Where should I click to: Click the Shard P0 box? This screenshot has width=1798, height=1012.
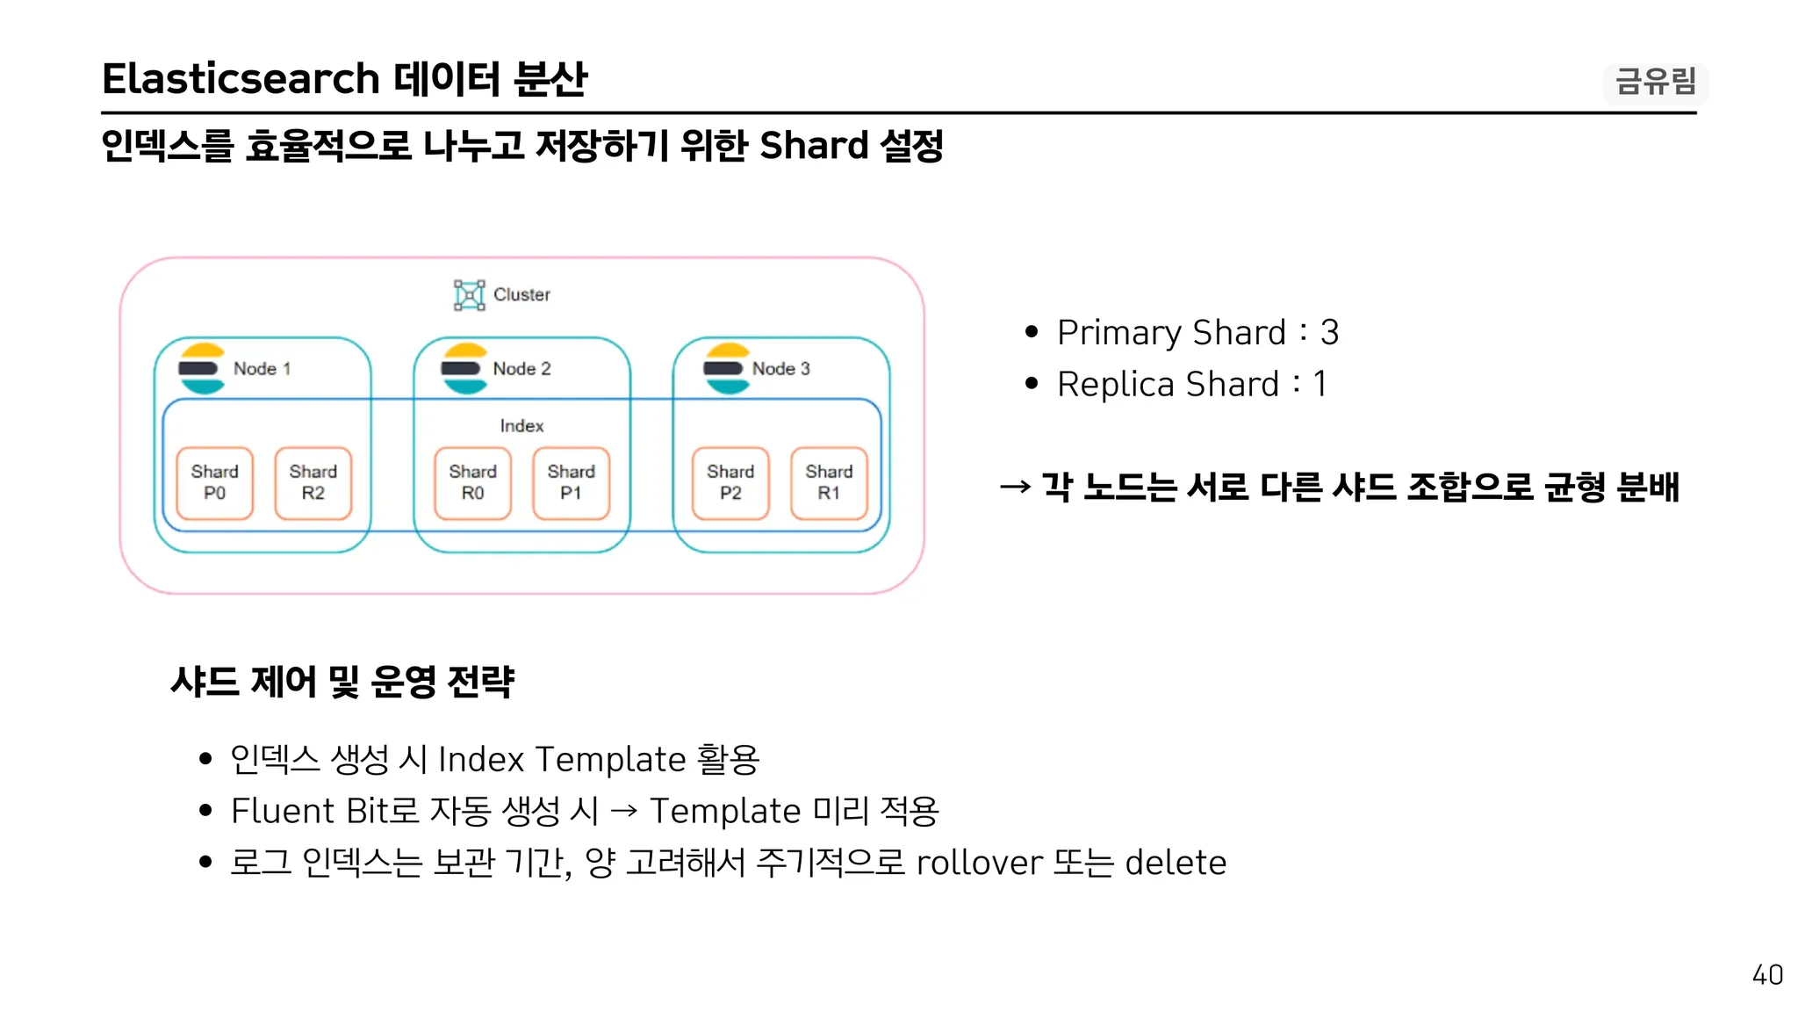click(215, 483)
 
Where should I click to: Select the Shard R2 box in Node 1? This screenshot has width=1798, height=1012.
click(313, 483)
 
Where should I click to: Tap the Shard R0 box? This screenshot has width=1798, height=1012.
click(473, 483)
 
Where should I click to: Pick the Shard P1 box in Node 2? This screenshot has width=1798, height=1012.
click(572, 483)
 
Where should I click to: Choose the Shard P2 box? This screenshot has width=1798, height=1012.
click(730, 483)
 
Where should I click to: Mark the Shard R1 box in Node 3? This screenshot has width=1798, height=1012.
click(830, 483)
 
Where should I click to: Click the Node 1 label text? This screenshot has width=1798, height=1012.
click(262, 369)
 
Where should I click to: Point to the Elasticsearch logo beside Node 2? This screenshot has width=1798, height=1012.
click(464, 369)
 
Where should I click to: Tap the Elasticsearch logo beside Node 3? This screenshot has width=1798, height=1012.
click(726, 369)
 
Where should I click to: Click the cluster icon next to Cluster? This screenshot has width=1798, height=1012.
click(469, 295)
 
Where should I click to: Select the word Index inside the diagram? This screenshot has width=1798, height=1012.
click(521, 426)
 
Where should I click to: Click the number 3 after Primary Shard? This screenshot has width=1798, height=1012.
click(1329, 333)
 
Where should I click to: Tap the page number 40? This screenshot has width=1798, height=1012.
click(1767, 975)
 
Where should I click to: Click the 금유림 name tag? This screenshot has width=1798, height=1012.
click(1656, 83)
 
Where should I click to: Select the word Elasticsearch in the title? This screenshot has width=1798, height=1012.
click(241, 79)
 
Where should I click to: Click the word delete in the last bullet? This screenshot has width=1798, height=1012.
click(1176, 863)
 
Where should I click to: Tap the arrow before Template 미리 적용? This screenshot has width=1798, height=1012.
click(624, 811)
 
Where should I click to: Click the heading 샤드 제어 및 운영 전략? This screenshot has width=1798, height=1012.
click(342, 682)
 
